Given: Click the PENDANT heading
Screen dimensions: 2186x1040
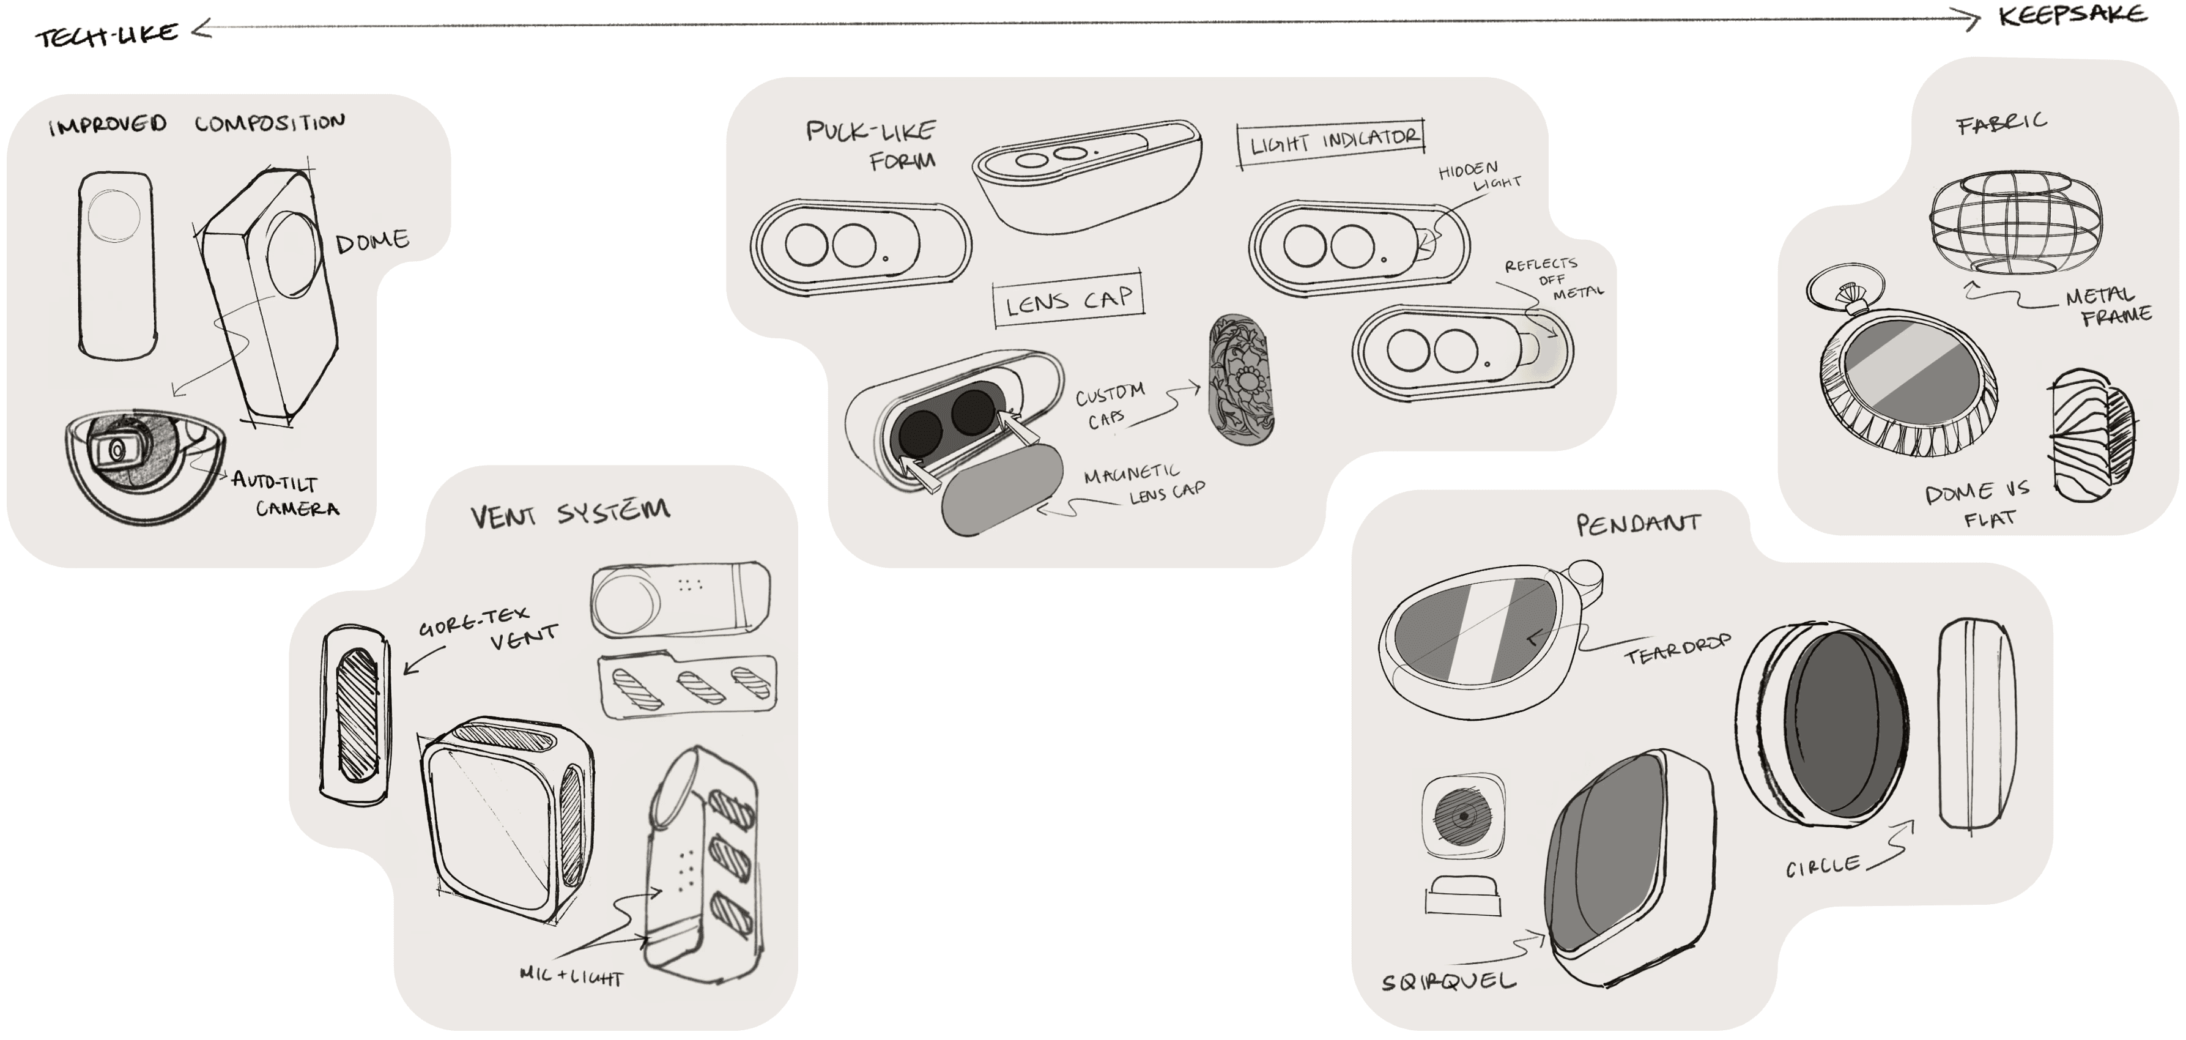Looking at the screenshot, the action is [1638, 524].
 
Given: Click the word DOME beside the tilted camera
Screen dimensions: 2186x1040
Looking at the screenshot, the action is [372, 242].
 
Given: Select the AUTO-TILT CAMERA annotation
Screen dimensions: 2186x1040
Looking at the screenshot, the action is [285, 495].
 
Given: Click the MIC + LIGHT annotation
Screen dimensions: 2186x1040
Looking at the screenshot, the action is [571, 976].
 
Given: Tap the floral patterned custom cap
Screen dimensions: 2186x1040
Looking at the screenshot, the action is [1240, 379].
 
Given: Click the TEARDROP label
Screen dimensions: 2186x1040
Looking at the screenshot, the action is [1676, 650].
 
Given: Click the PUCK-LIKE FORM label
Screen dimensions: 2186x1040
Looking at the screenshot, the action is [872, 144].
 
